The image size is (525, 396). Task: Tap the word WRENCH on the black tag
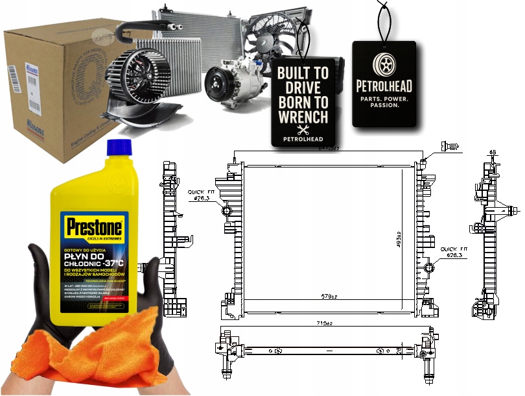[303, 116]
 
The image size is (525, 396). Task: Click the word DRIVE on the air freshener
[303, 88]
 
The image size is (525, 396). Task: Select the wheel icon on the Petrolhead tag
[383, 63]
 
